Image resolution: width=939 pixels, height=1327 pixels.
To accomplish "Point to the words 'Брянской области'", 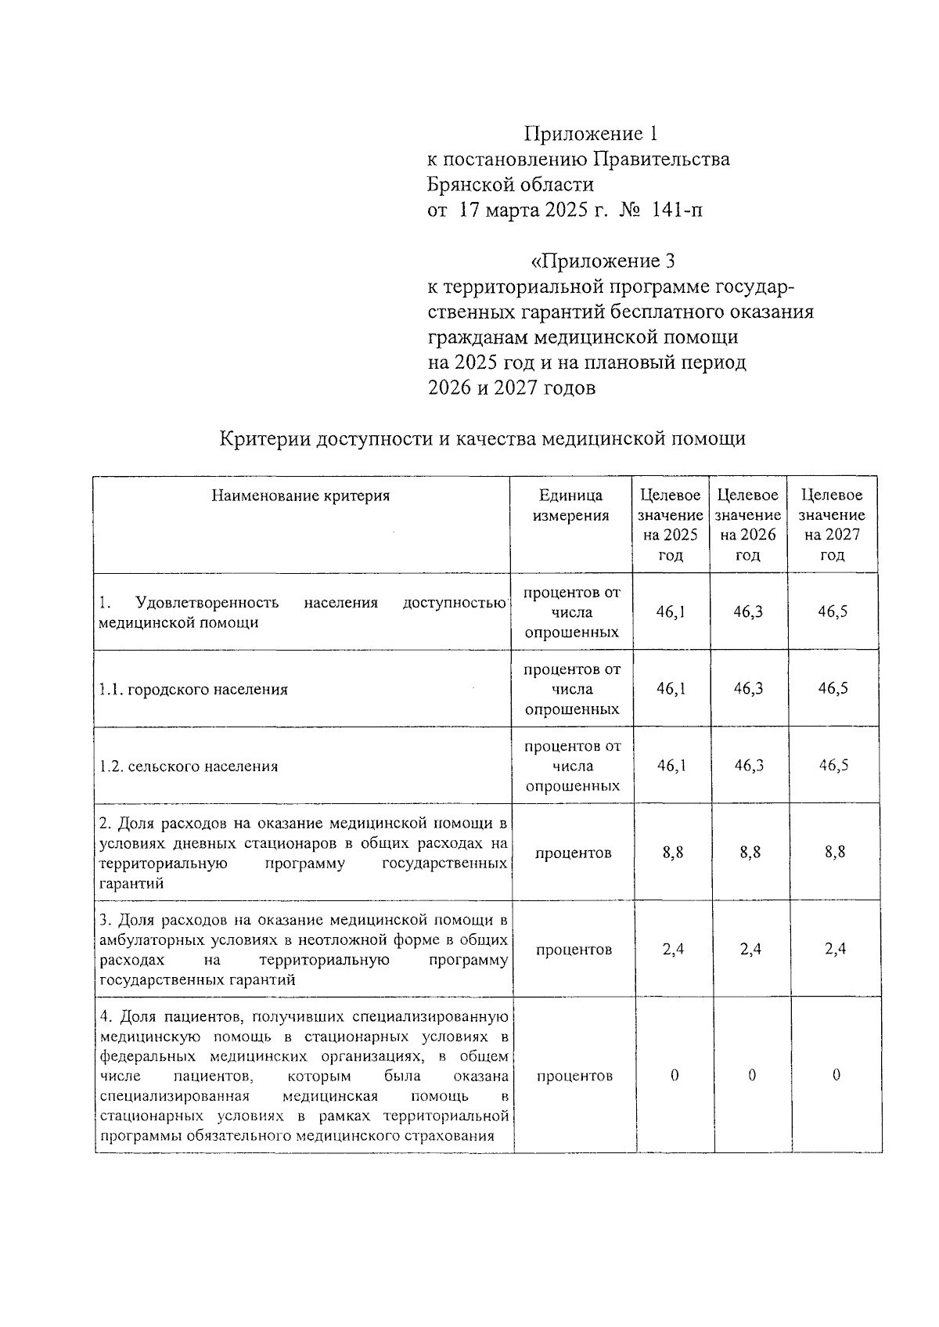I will [510, 185].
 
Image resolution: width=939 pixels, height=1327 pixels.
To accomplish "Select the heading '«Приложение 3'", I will [603, 261].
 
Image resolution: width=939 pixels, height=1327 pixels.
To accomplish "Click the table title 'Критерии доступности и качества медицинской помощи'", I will [482, 438].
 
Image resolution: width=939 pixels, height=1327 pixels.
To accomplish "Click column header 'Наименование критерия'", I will [300, 496].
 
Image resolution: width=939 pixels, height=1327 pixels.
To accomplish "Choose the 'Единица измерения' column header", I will [570, 506].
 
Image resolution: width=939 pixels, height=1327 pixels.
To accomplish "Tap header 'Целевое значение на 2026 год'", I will [748, 525].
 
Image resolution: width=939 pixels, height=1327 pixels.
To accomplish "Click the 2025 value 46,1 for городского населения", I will [671, 688].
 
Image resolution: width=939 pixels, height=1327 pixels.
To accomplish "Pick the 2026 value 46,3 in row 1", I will [748, 611].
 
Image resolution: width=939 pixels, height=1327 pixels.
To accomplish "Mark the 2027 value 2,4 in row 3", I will [835, 949].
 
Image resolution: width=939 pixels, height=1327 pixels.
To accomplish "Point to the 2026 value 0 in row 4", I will [752, 1075].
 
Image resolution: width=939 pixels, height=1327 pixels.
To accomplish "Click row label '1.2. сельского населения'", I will [189, 766].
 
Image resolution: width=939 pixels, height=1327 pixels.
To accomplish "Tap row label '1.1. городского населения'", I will [193, 690].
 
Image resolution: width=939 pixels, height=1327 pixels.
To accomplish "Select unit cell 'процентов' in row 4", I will [574, 1076].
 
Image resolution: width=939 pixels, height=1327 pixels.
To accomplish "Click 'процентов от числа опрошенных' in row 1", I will [571, 612].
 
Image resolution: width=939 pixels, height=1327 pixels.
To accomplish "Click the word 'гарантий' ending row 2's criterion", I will [131, 883].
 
